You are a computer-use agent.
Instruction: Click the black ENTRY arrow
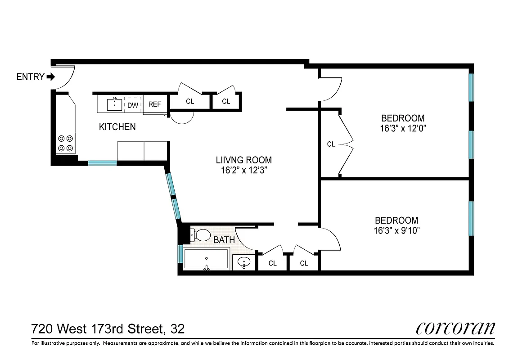(50, 77)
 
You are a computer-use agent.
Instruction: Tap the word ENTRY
(30, 77)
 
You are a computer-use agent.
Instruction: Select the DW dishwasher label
(132, 105)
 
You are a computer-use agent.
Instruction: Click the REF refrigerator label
(154, 104)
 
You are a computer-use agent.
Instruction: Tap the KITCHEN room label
(117, 127)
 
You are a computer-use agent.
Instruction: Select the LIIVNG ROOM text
(243, 160)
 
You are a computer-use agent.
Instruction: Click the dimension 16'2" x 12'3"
(243, 170)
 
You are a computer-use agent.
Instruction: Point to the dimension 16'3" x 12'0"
(402, 128)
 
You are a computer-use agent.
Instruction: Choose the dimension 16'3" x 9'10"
(396, 230)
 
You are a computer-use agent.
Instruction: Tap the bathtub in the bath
(206, 260)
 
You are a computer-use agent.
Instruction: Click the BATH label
(224, 240)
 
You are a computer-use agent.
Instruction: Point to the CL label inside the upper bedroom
(331, 144)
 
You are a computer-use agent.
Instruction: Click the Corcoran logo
(455, 328)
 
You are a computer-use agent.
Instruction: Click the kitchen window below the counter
(102, 163)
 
